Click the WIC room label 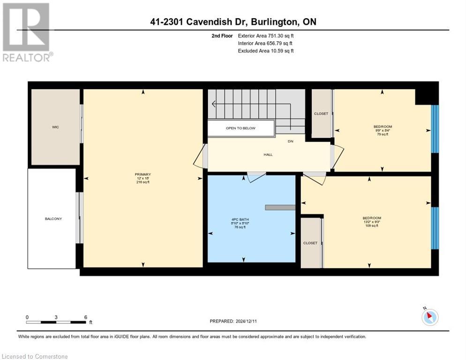pos(55,127)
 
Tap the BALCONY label pos(53,219)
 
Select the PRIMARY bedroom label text pos(143,174)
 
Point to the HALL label pos(268,155)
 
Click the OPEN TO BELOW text pos(241,128)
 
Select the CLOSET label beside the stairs pos(321,113)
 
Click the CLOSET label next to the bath pos(310,243)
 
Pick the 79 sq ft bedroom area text pos(383,135)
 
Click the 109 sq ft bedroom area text pos(371,225)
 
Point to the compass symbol pos(430,317)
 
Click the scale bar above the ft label pos(56,322)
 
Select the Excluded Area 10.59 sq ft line pos(265,51)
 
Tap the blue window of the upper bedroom pos(435,129)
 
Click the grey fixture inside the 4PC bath pos(280,207)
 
